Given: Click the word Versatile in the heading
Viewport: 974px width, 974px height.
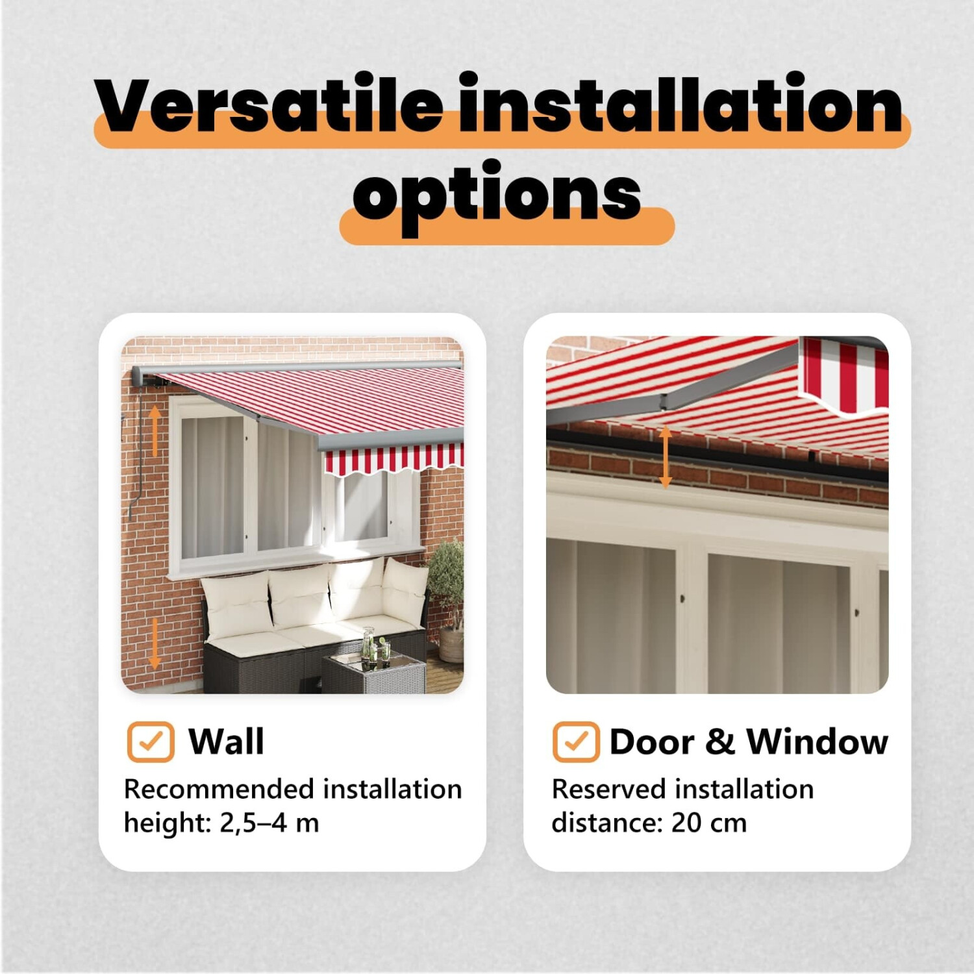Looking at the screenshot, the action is click(x=269, y=104).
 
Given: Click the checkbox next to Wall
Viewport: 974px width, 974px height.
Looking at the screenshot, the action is click(x=151, y=742).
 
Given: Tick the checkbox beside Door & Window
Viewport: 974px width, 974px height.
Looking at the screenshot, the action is click(x=576, y=742).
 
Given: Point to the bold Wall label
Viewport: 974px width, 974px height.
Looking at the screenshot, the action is click(x=226, y=742).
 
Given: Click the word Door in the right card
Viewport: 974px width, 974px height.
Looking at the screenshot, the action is click(x=652, y=742).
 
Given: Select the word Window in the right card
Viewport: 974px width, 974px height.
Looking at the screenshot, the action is click(x=817, y=742).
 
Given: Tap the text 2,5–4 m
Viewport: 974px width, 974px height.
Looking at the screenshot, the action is click(x=269, y=823).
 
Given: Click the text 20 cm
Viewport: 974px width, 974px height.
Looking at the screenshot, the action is click(x=709, y=823).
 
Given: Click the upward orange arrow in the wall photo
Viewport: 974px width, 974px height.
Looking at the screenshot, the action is click(x=155, y=431).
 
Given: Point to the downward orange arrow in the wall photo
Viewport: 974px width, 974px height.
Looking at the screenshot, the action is click(x=154, y=643).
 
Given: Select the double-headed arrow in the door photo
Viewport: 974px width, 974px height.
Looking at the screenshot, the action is click(x=665, y=457).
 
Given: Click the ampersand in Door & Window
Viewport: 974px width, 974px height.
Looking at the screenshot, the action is click(x=720, y=742).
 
